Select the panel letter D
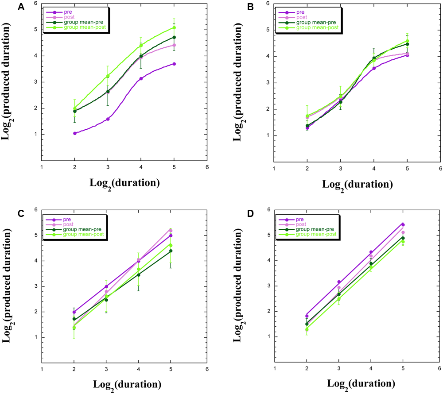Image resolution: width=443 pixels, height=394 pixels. coord(238,213)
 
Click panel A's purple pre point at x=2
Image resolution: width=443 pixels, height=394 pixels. coord(74,133)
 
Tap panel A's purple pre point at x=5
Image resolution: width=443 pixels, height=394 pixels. coord(174,64)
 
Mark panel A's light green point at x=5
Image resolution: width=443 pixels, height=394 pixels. coord(174,27)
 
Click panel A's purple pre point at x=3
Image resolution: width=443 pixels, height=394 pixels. coord(108,119)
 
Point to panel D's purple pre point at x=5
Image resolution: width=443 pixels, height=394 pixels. coord(403,225)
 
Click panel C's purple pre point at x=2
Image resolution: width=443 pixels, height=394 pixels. coord(74,312)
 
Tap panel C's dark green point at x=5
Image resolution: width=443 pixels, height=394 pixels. coord(171,251)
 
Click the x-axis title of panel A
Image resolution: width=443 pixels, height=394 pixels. coord(124,183)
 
